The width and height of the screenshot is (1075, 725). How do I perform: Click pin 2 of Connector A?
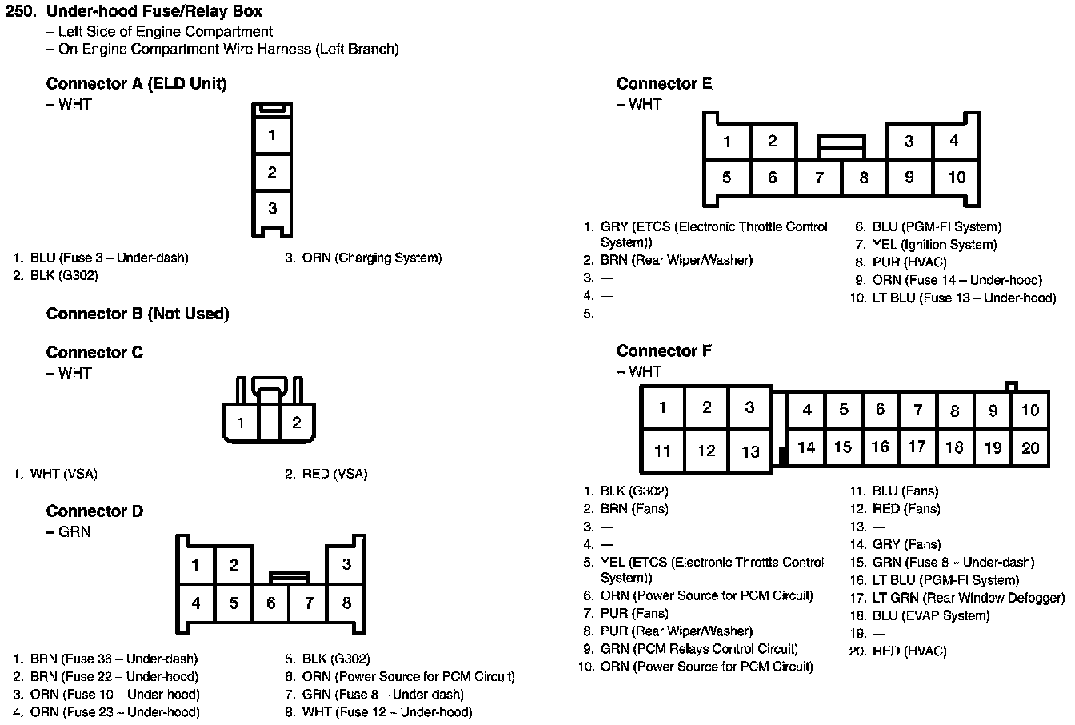pos(272,171)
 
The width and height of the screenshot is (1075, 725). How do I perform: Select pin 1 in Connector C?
pos(241,423)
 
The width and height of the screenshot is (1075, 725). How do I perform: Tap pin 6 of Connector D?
pos(271,603)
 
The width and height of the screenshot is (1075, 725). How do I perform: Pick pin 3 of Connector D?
pos(346,564)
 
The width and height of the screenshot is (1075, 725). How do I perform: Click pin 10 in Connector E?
pos(957,177)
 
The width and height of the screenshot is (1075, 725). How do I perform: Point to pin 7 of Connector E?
pos(819,177)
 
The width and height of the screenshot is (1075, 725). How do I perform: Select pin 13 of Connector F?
pos(750,451)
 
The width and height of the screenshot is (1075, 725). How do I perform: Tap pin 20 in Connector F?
pos(1030,447)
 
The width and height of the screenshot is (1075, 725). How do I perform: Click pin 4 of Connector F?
pos(807,411)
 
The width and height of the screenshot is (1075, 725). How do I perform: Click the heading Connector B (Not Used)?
pos(138,314)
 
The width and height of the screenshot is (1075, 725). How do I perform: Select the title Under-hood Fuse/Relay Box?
pos(154,12)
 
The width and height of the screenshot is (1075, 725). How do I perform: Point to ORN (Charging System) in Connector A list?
pos(371,258)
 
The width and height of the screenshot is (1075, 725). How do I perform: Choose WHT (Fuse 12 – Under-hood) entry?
pos(386,712)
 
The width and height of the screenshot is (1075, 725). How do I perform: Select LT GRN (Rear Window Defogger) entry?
pos(969,598)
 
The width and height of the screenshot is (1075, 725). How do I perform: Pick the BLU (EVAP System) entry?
pos(931,615)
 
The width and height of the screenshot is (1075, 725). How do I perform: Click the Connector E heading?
pos(664,83)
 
